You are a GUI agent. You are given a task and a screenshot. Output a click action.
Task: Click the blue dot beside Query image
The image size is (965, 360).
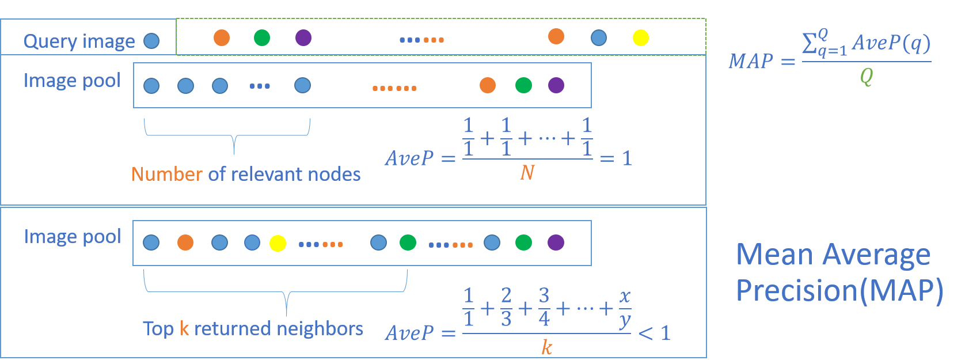click(151, 41)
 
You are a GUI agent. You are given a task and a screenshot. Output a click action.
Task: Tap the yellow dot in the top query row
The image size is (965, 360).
click(641, 38)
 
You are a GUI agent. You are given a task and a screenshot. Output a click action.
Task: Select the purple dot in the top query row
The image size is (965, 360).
click(303, 38)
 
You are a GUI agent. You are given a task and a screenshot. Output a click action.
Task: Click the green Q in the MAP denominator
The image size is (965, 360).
click(866, 76)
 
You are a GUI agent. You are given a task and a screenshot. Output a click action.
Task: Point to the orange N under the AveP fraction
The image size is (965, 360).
click(527, 172)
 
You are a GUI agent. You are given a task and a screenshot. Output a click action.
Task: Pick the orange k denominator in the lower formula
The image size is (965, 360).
click(546, 347)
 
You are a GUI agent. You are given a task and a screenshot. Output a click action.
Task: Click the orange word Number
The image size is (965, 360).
click(167, 174)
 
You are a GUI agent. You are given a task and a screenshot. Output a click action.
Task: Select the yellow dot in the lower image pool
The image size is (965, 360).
click(278, 243)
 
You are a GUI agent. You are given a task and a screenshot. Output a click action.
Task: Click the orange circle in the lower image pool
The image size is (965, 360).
click(185, 242)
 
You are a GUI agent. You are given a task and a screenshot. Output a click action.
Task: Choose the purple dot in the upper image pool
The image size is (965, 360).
click(556, 85)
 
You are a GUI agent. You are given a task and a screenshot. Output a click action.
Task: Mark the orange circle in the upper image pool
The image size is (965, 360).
click(488, 85)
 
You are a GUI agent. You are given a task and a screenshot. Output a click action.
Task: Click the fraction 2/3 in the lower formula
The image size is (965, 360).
click(506, 308)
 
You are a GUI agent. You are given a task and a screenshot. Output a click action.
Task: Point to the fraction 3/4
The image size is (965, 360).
click(544, 308)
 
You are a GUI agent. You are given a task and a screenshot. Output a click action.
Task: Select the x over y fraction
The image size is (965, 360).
click(625, 309)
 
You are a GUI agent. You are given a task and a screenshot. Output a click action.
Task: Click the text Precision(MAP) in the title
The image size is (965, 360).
click(839, 290)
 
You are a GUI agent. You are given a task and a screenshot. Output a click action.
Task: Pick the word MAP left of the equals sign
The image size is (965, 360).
click(751, 61)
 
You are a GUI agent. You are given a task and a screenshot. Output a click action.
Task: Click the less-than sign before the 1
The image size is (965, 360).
click(646, 333)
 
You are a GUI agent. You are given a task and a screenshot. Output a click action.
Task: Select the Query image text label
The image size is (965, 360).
click(79, 41)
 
